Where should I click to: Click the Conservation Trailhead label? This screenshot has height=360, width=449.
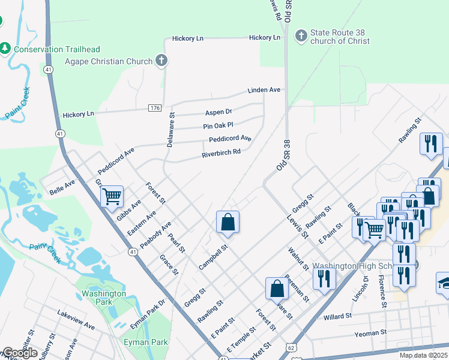[57, 49]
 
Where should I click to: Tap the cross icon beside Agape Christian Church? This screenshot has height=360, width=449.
[161, 61]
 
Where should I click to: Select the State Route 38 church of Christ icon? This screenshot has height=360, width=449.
[300, 37]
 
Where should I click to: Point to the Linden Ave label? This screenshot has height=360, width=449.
[264, 90]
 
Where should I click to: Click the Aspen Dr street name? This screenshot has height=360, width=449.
[218, 112]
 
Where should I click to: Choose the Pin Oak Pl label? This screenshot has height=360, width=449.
[217, 126]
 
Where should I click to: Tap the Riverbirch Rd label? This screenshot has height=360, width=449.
[221, 152]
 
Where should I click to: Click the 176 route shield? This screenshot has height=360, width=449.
[155, 107]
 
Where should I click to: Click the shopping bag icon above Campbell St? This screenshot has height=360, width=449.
[228, 221]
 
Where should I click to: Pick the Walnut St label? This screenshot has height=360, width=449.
[298, 257]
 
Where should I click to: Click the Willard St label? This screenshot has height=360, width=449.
[337, 316]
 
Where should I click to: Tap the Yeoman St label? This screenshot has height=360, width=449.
[370, 333]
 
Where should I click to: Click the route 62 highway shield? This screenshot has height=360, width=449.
[291, 347]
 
